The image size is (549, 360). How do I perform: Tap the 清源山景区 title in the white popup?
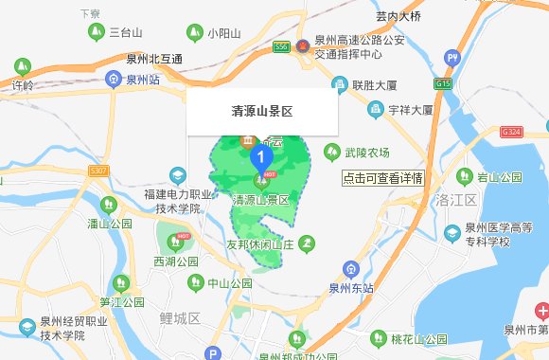click(262, 111)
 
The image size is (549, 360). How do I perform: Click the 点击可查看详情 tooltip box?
click(382, 177)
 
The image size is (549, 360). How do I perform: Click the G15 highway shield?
click(443, 83)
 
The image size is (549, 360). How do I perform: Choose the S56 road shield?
click(281, 45)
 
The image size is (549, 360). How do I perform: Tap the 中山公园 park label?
click(230, 282)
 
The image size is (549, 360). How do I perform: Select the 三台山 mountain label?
click(126, 32)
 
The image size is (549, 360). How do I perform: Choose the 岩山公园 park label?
click(499, 177)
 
